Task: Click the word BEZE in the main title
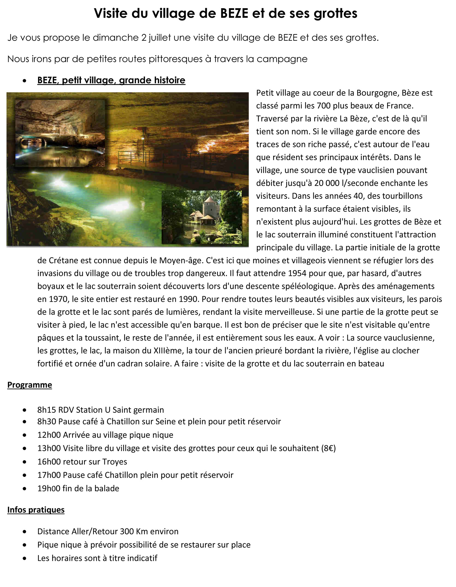pyautogui.click(x=236, y=13)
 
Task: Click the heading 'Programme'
pyautogui.click(x=29, y=385)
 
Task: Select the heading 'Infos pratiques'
pyautogui.click(x=36, y=510)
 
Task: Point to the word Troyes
pyautogui.click(x=115, y=461)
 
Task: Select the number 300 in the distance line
pyautogui.click(x=126, y=531)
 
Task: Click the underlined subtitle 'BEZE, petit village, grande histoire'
pyautogui.click(x=111, y=80)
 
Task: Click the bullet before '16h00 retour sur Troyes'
pyautogui.click(x=24, y=462)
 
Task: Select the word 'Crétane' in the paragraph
pyautogui.click(x=63, y=260)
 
